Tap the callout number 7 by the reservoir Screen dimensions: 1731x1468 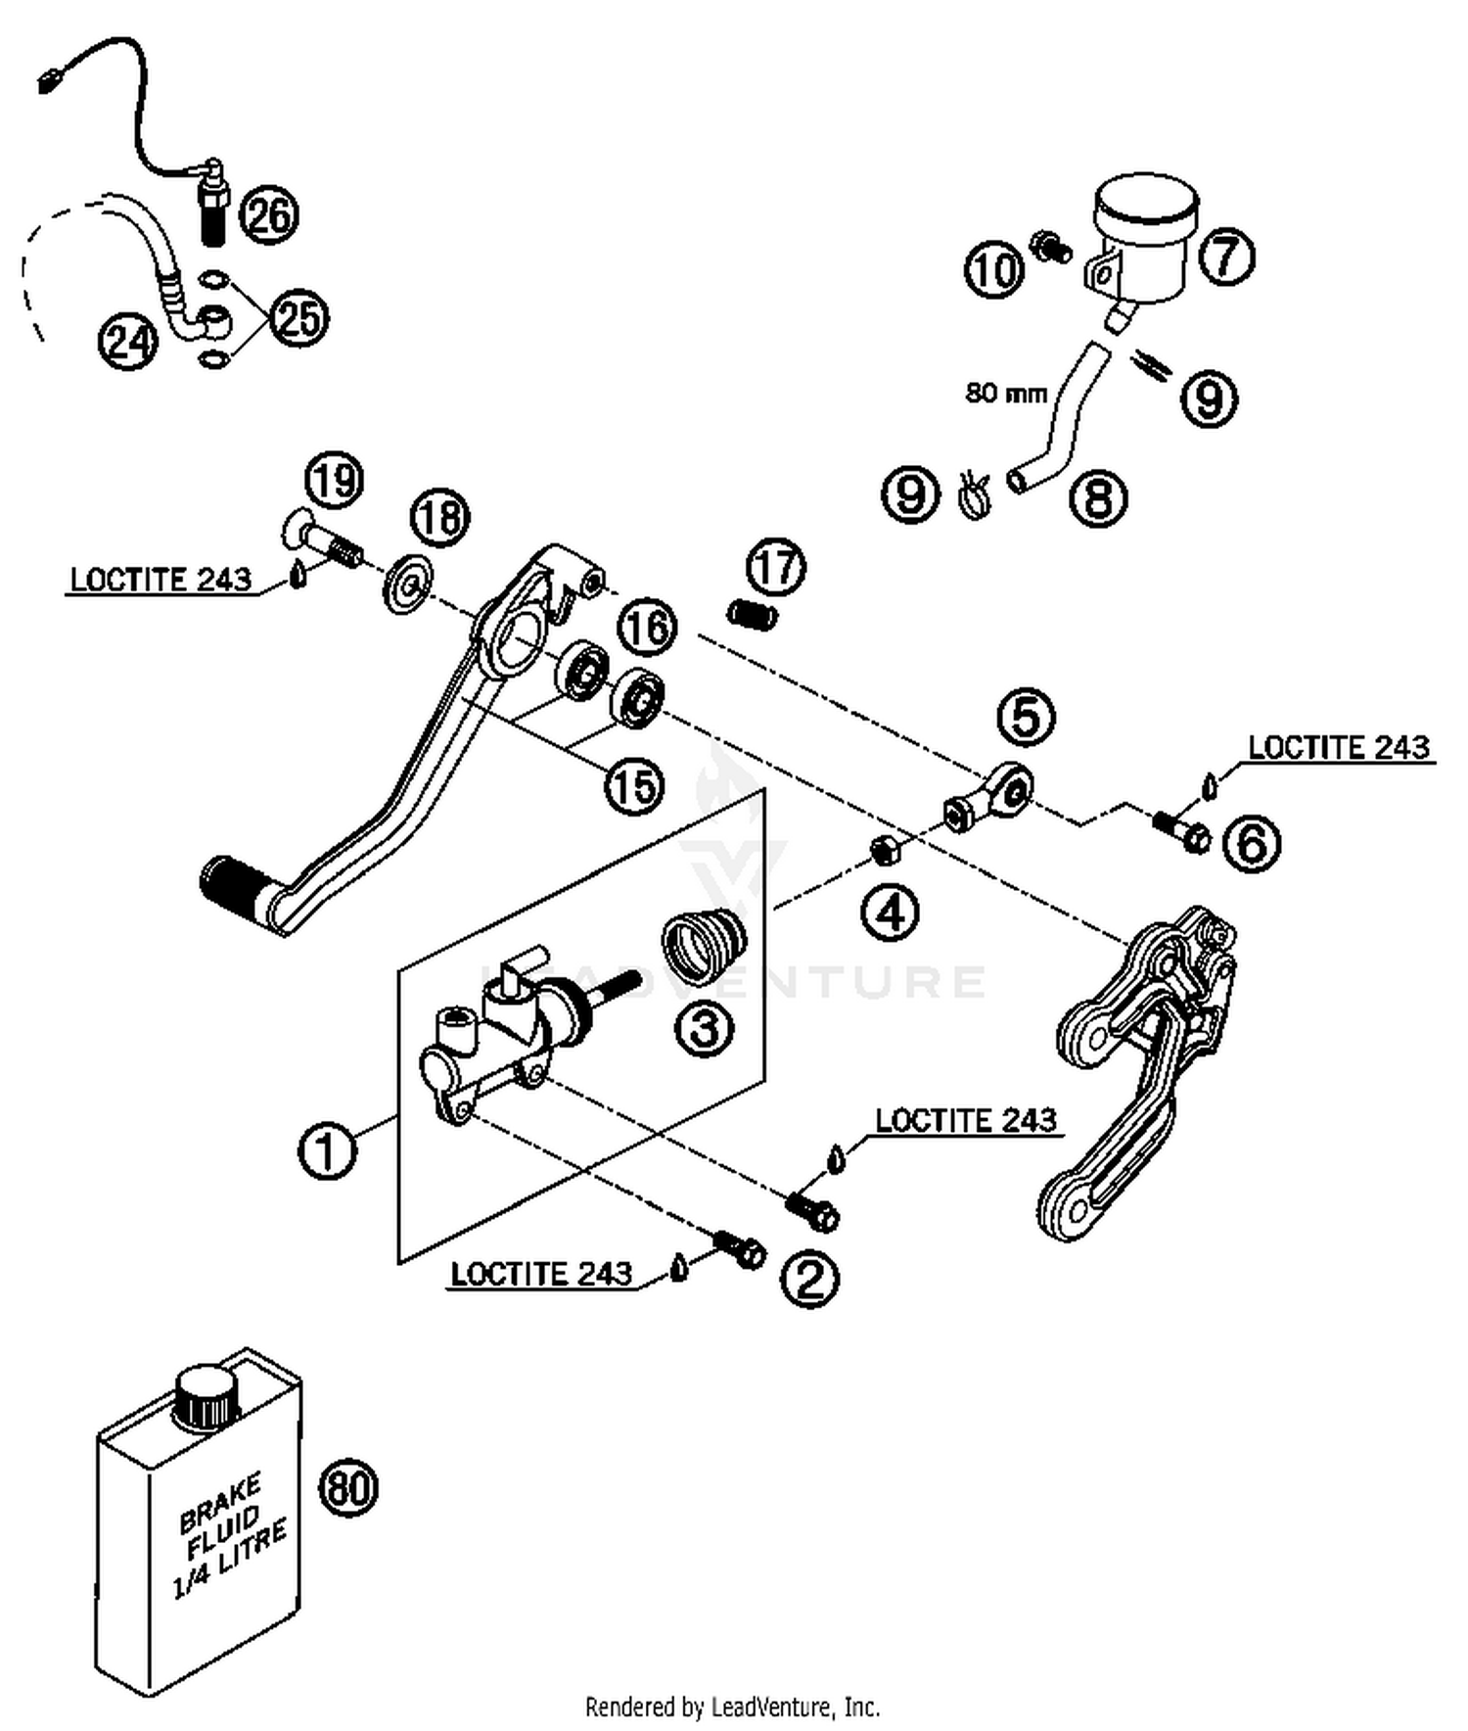point(1226,257)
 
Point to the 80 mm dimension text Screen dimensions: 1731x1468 point(1005,393)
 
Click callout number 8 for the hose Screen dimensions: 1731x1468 point(1098,498)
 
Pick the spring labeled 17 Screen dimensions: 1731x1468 point(753,615)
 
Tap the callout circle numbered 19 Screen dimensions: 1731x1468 point(334,480)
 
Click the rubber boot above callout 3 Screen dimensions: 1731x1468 point(704,945)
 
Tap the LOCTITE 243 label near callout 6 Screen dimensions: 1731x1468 point(1338,748)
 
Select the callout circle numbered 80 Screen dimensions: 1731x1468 point(348,1488)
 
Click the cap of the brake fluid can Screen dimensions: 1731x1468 point(206,1398)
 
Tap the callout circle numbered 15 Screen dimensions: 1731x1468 point(634,785)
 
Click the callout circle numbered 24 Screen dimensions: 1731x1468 point(128,342)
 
